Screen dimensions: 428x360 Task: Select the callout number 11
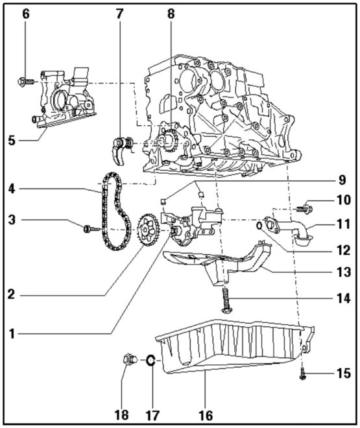[344, 224]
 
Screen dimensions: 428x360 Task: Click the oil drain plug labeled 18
[128, 358]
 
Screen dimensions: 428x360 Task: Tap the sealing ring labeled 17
[149, 361]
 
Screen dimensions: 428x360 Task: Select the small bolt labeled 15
[303, 374]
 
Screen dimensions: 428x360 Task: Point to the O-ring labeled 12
[259, 226]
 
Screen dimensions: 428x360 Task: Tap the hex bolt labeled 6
[25, 82]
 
